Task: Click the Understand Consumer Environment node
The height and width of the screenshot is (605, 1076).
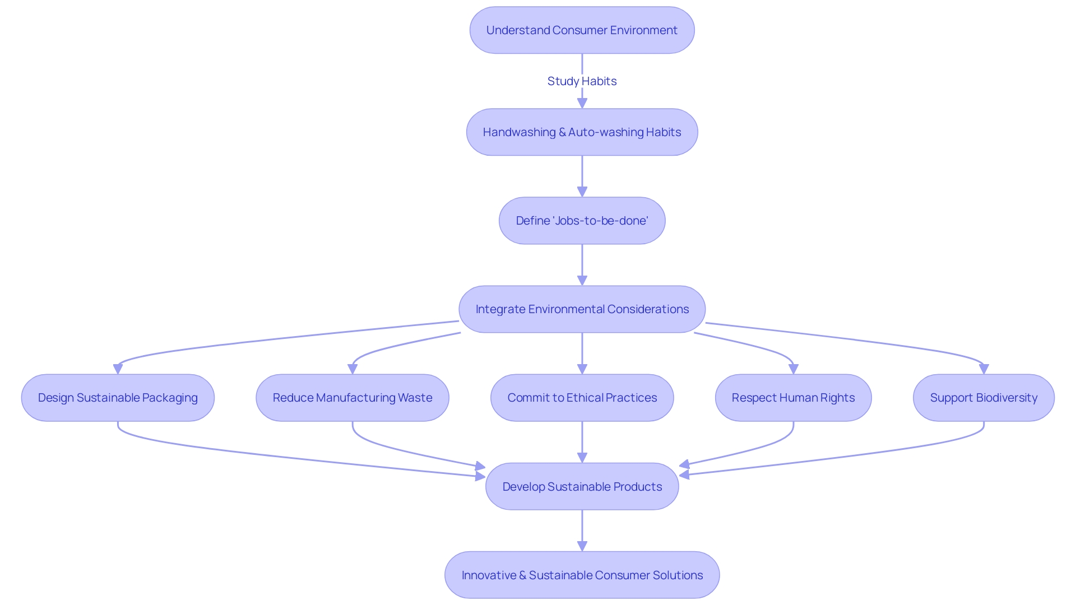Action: pos(582,30)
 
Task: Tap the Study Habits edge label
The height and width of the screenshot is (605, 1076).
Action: pos(582,81)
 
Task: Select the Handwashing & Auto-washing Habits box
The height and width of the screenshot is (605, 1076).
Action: pos(582,132)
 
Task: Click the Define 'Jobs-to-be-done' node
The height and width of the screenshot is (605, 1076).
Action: pos(582,221)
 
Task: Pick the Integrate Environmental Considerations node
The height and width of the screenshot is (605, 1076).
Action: pos(582,309)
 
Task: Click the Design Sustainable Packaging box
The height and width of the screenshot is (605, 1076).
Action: pos(118,398)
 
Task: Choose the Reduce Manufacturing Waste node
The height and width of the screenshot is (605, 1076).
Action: pos(352,398)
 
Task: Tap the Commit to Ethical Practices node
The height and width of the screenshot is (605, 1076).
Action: pos(582,398)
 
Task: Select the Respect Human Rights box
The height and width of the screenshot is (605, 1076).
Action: pos(793,398)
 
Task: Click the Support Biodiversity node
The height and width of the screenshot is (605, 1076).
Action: pos(984,398)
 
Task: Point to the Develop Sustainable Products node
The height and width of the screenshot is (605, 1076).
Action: pos(582,486)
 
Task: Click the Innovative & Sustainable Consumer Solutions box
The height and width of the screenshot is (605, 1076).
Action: pos(582,575)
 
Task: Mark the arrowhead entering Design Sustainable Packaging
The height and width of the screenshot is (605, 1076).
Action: pos(118,369)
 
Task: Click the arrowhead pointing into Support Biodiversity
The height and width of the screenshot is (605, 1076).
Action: pos(984,369)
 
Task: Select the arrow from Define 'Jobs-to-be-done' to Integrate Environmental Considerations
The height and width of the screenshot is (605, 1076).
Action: pos(582,263)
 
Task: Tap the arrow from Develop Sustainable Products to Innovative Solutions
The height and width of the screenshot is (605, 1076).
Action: pos(582,529)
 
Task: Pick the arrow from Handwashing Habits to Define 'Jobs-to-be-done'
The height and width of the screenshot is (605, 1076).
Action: pos(582,175)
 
